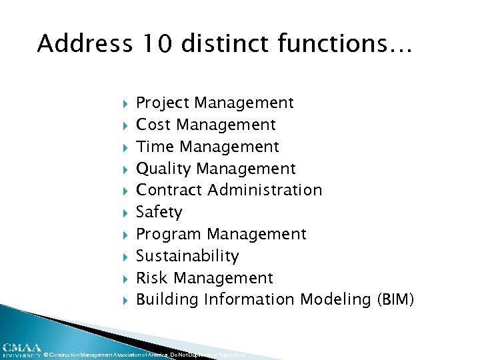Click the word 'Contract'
[x=169, y=190]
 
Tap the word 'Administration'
[x=265, y=190]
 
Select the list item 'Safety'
[x=159, y=212]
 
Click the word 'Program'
[x=169, y=234]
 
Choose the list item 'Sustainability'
[x=187, y=256]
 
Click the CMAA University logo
[x=21, y=350]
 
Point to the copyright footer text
[x=143, y=355]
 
